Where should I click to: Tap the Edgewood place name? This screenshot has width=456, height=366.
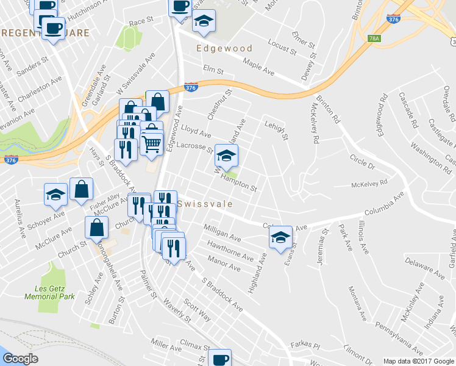[216, 48]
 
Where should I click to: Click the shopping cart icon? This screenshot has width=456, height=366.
[152, 144]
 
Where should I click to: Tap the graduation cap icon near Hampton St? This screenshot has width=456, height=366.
[227, 157]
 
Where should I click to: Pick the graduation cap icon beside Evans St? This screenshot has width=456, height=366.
[280, 237]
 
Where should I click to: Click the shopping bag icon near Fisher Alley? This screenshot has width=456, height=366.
[81, 190]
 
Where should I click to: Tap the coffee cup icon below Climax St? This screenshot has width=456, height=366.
[219, 359]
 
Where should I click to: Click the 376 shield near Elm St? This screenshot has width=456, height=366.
[191, 88]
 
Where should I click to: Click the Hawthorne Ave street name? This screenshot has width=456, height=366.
[230, 252]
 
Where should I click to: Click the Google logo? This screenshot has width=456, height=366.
[20, 359]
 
